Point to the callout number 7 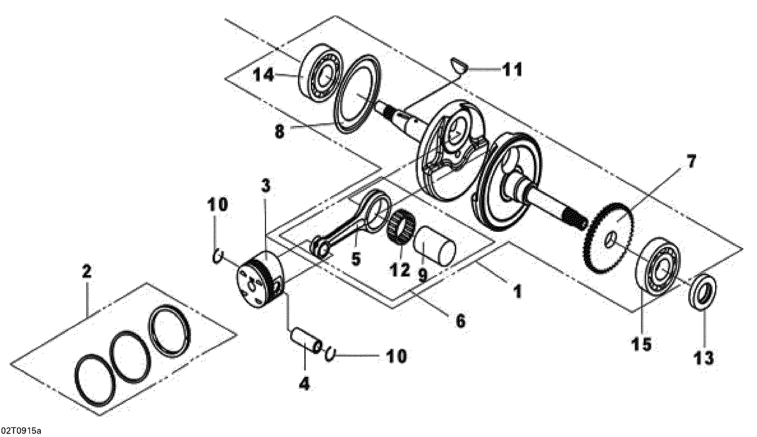click(690, 163)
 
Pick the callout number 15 click(641, 344)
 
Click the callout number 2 click(86, 272)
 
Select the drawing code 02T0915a click(21, 431)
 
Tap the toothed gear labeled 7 click(610, 237)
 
